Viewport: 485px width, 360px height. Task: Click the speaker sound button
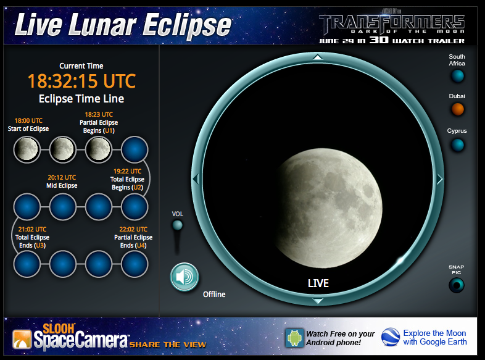184,277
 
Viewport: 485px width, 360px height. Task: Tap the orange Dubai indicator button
457,109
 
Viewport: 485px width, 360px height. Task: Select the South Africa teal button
457,76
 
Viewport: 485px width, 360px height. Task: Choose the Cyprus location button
457,145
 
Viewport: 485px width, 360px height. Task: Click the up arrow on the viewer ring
318,57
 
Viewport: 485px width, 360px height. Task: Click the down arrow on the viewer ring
318,301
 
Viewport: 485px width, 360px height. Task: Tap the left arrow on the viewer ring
196,179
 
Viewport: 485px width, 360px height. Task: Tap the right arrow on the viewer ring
440,179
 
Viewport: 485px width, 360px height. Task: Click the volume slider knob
177,225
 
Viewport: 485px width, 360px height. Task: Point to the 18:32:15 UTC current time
81,81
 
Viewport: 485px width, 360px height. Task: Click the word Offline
214,294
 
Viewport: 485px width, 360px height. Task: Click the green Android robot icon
294,338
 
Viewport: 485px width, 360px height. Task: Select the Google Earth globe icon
391,337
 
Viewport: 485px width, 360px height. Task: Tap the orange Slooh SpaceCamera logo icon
22,339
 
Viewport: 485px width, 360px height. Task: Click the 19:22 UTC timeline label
128,171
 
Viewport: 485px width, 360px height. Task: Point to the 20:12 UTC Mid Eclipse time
62,177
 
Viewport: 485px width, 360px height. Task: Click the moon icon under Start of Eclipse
27,149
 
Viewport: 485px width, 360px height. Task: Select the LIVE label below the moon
318,283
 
